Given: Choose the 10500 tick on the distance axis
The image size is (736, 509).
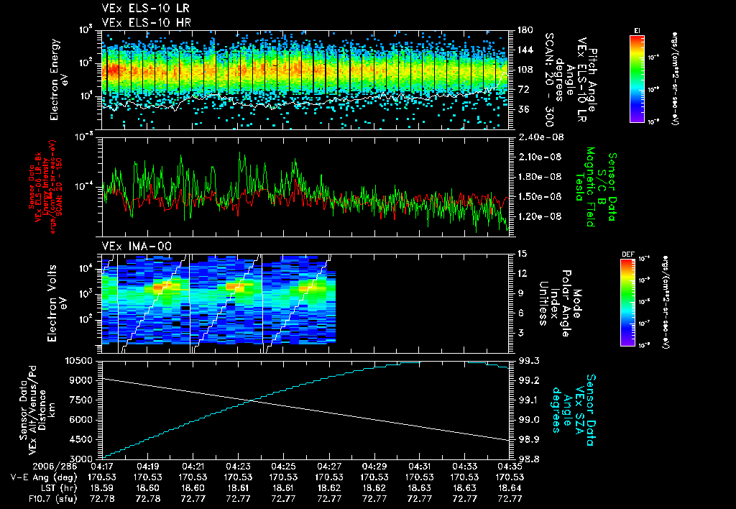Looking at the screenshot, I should (x=80, y=359).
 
